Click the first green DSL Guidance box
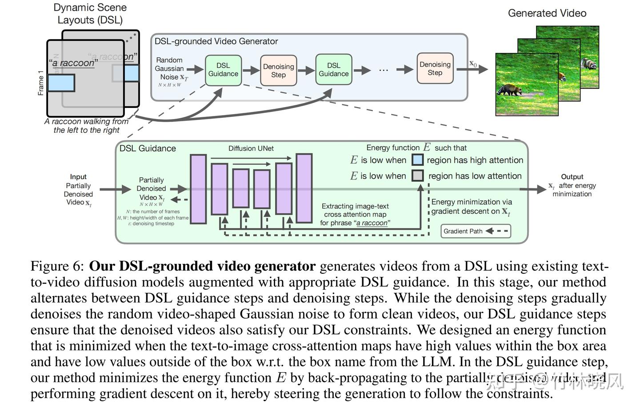(223, 70)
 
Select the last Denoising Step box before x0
(435, 68)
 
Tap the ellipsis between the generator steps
(384, 70)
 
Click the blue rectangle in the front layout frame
(61, 83)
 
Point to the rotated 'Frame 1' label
(41, 83)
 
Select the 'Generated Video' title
(547, 13)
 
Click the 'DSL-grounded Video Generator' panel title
(216, 41)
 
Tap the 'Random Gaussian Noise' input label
(170, 69)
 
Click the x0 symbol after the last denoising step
(473, 64)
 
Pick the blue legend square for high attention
(417, 160)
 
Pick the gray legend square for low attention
(417, 176)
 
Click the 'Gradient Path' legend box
(476, 231)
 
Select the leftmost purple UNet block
(198, 189)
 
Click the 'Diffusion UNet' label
(251, 148)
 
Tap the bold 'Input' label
(78, 177)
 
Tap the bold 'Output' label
(572, 177)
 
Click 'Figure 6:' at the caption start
(57, 266)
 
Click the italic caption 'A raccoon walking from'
(87, 122)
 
